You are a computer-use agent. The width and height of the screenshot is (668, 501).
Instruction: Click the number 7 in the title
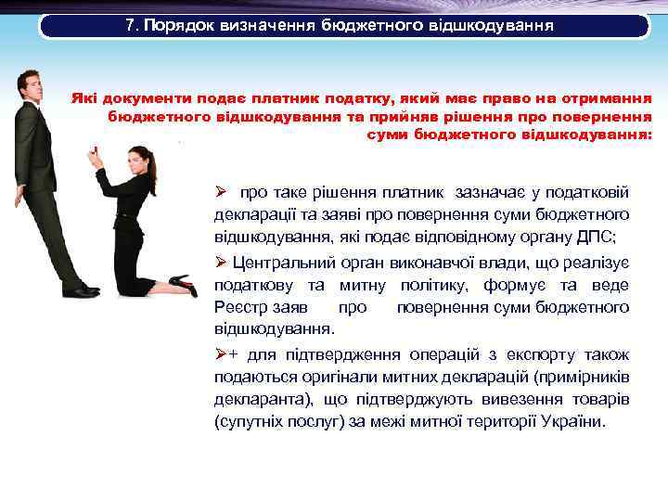pyautogui.click(x=130, y=25)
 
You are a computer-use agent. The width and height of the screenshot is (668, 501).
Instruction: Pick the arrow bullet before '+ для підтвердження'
pyautogui.click(x=221, y=353)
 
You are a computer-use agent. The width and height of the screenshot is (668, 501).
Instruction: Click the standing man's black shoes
pyautogui.click(x=82, y=291)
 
